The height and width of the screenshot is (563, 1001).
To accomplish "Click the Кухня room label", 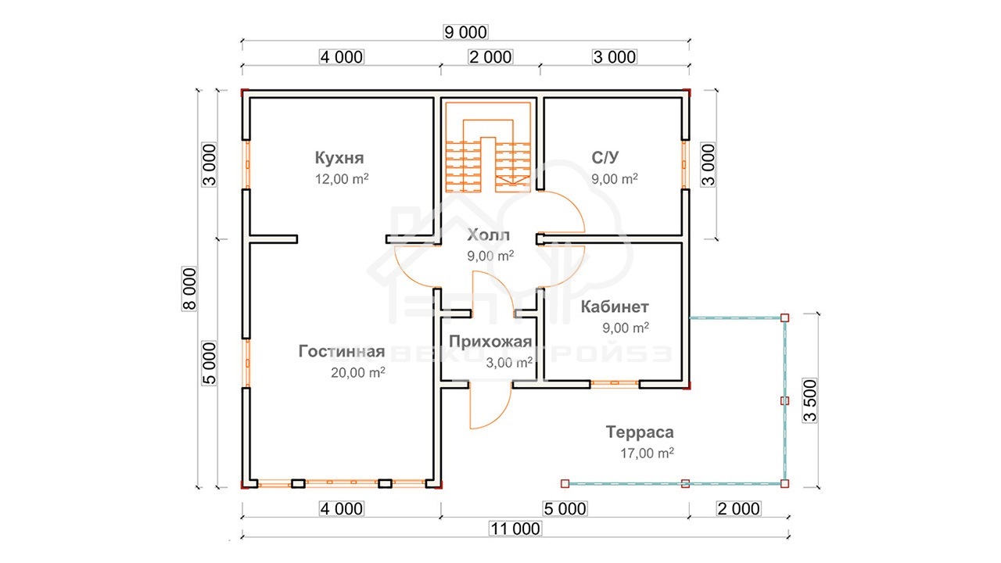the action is [339, 158].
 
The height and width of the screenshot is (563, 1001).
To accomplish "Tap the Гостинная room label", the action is [342, 352].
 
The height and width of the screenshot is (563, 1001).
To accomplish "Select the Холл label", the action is [488, 235].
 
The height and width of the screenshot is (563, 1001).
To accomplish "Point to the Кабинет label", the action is [615, 307].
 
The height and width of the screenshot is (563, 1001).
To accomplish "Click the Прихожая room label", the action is [490, 342].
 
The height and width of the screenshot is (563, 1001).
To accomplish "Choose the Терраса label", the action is [640, 432].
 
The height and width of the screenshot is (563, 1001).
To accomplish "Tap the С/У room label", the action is [605, 157].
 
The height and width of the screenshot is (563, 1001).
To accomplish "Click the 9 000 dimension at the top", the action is [465, 32].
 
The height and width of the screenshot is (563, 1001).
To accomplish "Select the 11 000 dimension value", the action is [515, 529].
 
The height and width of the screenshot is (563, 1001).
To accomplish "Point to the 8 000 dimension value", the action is [189, 289].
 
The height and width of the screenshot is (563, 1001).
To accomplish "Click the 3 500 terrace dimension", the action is [809, 400].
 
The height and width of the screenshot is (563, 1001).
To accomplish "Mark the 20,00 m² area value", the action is [358, 372].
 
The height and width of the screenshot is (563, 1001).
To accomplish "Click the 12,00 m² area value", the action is [342, 179].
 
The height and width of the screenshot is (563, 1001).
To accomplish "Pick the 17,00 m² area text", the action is [647, 453].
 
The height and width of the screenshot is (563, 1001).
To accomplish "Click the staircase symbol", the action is [488, 148].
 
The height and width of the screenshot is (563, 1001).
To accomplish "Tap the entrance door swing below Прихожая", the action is [490, 406].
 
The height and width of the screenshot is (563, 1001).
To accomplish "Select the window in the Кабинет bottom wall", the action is [615, 383].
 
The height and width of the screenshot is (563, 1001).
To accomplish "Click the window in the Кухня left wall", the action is [246, 165].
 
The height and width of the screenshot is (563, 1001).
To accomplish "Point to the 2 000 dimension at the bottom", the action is [738, 509].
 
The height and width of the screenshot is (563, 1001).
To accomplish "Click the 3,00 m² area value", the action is [509, 362].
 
